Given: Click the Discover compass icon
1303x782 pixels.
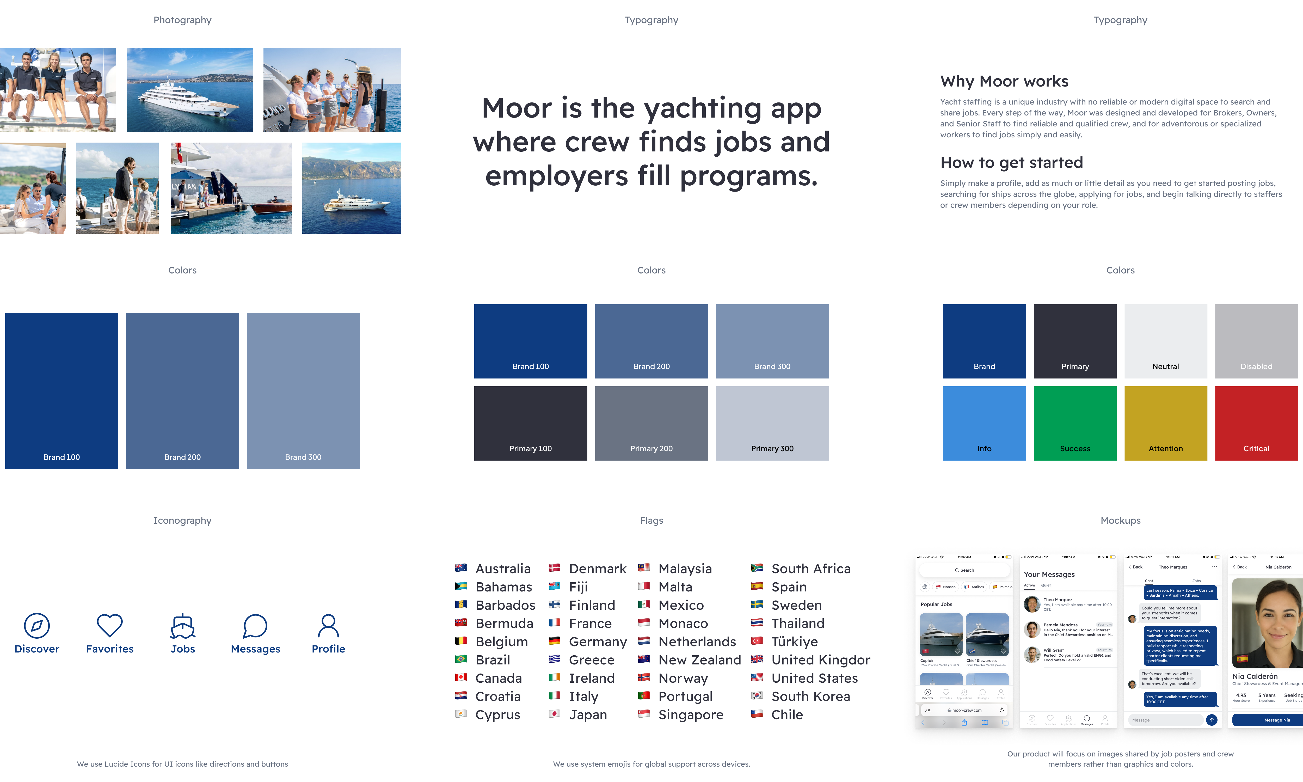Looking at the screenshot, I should click(37, 626).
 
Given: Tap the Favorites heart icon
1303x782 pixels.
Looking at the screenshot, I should click(109, 626).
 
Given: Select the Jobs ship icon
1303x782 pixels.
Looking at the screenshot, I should click(183, 626).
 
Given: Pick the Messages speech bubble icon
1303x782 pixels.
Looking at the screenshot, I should click(255, 626).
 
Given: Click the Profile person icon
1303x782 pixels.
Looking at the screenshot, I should click(328, 626).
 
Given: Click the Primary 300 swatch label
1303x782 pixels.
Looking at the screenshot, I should click(772, 448).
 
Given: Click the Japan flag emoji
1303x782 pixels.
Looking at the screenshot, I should click(554, 714).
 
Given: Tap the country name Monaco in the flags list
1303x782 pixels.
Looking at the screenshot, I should click(683, 624).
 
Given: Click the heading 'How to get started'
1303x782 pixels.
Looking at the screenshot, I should click(1011, 162).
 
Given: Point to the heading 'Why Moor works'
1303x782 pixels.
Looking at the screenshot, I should click(1004, 81).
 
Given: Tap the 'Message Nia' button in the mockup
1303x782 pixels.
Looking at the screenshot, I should click(1277, 720).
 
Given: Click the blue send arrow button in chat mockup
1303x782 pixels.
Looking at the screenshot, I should click(1211, 720).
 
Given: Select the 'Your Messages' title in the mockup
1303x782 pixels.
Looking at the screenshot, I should click(1049, 575).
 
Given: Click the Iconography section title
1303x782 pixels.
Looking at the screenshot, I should click(182, 520).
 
